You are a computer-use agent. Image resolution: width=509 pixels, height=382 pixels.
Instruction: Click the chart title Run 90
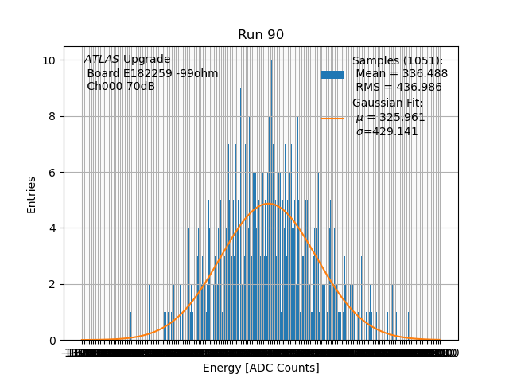click(261, 35)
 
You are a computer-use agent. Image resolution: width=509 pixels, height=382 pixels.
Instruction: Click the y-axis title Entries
click(32, 194)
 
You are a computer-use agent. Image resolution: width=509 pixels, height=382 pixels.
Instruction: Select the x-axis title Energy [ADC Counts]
click(261, 368)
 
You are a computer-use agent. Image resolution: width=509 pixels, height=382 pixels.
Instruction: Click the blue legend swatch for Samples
click(332, 74)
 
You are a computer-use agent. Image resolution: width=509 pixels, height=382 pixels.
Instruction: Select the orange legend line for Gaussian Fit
click(332, 118)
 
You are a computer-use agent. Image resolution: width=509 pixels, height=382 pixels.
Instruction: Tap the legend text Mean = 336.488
click(402, 73)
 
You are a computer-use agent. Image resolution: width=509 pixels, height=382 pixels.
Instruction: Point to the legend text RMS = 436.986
click(398, 87)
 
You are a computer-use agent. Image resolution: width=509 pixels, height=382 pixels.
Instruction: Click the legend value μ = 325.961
click(390, 117)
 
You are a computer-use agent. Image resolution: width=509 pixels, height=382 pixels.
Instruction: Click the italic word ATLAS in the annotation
click(102, 60)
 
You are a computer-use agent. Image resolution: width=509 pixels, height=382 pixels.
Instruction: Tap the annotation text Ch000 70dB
click(121, 87)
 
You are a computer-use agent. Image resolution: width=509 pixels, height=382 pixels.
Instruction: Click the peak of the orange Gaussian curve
click(270, 204)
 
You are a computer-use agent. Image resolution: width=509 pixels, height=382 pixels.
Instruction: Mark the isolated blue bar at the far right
click(437, 326)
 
